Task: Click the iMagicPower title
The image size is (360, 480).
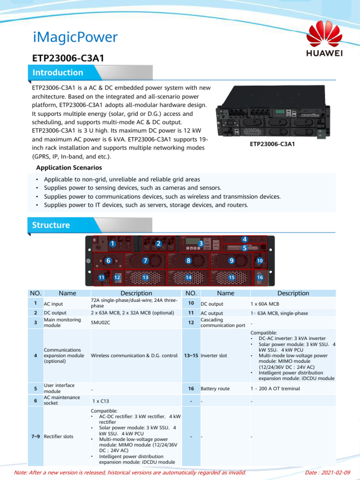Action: click(75, 37)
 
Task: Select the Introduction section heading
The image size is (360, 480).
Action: click(58, 73)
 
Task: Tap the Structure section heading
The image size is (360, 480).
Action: click(51, 225)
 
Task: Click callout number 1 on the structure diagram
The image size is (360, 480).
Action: click(112, 244)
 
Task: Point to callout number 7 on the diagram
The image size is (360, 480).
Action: click(145, 260)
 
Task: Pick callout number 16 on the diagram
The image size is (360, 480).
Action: click(260, 277)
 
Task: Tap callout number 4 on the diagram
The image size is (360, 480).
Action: click(244, 239)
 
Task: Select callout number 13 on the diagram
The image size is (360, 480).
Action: click(145, 277)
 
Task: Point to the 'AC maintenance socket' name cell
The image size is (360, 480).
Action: click(62, 400)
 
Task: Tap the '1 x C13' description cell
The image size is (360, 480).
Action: click(101, 401)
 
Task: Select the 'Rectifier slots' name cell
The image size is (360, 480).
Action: click(59, 436)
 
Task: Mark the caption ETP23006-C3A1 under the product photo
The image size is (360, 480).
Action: click(272, 144)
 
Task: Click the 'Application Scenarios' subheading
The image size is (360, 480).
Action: click(69, 167)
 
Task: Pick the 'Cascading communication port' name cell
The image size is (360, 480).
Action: click(219, 322)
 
